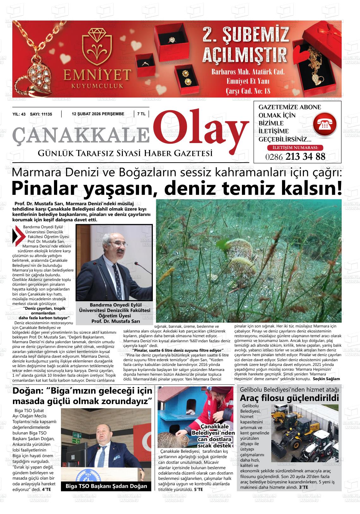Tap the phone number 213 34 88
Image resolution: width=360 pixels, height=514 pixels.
305,157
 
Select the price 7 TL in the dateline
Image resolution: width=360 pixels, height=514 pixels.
141,114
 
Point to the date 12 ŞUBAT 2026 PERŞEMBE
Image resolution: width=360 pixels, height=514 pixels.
98,114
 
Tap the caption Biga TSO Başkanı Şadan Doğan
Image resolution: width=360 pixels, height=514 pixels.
106,486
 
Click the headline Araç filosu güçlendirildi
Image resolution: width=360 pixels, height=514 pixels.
289,398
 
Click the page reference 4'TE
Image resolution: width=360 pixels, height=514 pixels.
46,489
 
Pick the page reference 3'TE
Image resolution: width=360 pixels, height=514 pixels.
303,488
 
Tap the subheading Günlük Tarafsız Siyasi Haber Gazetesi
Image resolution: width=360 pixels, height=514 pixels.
125,153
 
